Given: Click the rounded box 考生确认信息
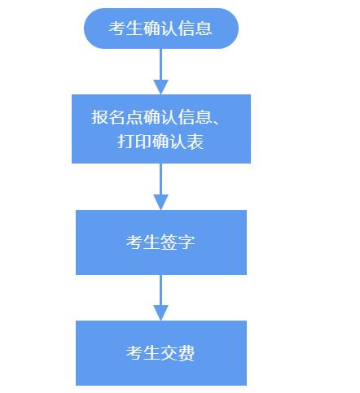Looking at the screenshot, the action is [x=161, y=28].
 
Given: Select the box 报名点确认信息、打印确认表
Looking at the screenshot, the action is [x=161, y=129].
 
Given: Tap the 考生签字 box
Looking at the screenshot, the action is [x=161, y=242].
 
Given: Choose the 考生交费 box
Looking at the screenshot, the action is [x=161, y=353].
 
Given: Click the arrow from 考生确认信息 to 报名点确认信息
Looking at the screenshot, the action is [x=161, y=72].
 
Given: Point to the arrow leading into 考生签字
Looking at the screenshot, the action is [x=161, y=186].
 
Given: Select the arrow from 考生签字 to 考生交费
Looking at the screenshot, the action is [x=161, y=298].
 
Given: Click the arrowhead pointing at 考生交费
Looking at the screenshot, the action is [x=161, y=312].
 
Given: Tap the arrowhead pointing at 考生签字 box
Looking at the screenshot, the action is [x=161, y=202].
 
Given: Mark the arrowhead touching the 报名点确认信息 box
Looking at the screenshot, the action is [x=161, y=87].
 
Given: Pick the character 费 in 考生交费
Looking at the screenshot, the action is [x=186, y=353].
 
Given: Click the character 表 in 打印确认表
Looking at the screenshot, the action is [x=195, y=142].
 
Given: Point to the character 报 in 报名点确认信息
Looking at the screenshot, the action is [x=100, y=117].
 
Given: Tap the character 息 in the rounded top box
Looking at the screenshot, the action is [x=204, y=28].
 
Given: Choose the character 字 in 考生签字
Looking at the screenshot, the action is [x=186, y=242].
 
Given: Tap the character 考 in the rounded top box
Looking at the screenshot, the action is [x=117, y=28].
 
